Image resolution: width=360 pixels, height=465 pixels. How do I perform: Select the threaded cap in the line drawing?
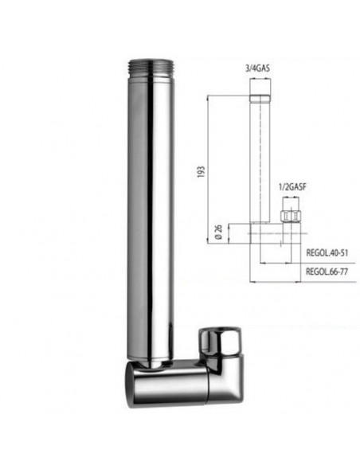(260, 100)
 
